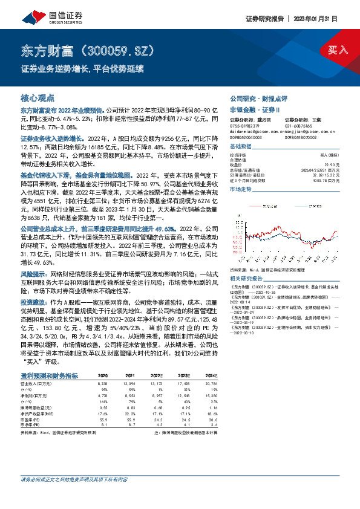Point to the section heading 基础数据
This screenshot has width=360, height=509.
tap(240, 147)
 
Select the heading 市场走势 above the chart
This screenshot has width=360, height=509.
tap(240, 189)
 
